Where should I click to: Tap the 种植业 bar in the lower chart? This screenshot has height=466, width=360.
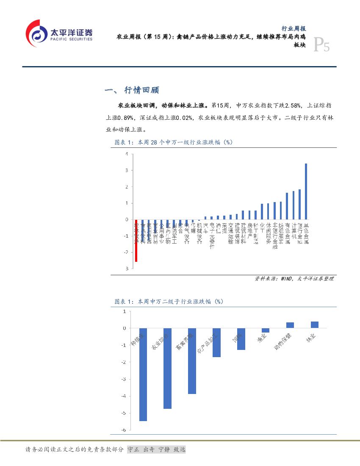(x=143, y=374)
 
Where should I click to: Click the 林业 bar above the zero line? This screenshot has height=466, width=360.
(x=314, y=325)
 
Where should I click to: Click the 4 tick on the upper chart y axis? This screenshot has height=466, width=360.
(x=126, y=154)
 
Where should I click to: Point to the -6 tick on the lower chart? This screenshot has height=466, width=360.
(x=124, y=430)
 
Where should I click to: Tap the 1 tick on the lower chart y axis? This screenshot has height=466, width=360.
(x=125, y=311)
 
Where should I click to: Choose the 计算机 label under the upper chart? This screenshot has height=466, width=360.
(x=294, y=232)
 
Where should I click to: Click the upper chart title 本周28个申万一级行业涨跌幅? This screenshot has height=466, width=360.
(x=174, y=142)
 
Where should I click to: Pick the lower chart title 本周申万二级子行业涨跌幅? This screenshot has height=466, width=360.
(x=169, y=302)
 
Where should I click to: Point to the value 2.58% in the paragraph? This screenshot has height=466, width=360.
(x=292, y=105)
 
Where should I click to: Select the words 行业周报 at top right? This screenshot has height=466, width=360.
(x=294, y=28)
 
